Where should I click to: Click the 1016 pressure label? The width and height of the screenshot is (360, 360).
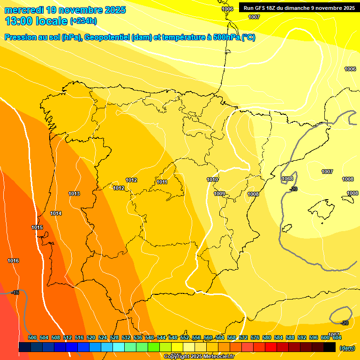13,261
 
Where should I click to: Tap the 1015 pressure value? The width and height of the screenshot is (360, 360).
37,227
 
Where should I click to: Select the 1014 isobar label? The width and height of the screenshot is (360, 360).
56,213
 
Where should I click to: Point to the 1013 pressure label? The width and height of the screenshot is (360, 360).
74,194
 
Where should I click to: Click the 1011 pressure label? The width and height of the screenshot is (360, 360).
162,182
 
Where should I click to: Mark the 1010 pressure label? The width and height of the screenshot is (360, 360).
212,180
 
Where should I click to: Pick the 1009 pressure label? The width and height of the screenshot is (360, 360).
219,194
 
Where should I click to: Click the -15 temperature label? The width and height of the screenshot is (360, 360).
15,292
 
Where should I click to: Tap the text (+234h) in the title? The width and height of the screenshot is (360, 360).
83,21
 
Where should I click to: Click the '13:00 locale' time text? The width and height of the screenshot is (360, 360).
36,21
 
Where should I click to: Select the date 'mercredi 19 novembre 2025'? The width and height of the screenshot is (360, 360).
65,10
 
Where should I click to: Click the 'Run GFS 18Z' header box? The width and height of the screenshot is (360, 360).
299,8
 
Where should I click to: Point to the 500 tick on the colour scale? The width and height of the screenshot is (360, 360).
32,337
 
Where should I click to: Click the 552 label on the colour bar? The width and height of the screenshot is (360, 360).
185,337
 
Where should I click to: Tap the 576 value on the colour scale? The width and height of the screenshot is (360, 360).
255,337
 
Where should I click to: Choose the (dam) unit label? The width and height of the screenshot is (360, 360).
347,348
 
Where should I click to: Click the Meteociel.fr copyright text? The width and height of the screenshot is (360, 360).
199,357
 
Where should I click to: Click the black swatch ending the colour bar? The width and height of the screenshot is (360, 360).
330,347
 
